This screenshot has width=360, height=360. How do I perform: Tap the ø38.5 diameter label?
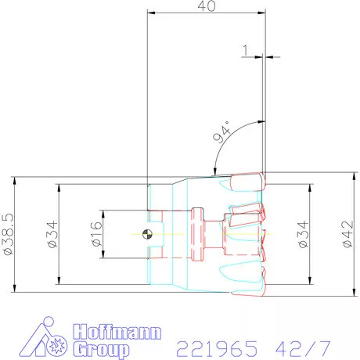(9, 232)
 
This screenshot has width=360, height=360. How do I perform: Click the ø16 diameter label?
(96, 232)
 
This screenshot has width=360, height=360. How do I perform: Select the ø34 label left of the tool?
(52, 232)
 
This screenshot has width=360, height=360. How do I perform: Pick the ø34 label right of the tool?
(304, 232)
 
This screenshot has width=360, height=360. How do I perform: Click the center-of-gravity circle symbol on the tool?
(147, 233)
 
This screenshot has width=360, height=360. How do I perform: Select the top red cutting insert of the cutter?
(247, 182)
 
